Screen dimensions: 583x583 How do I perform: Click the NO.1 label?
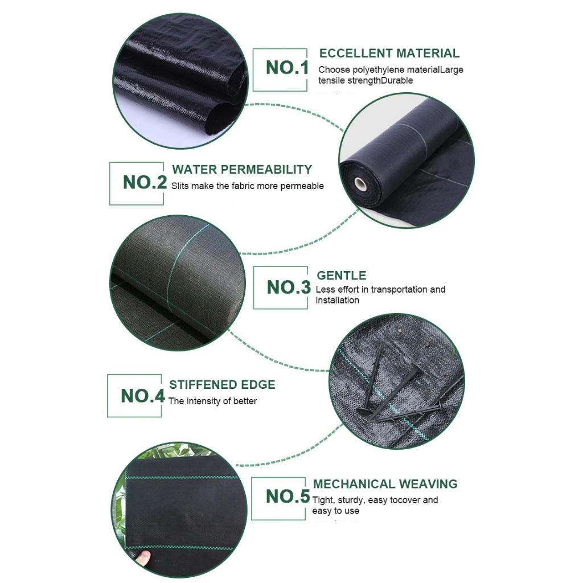tap(287, 68)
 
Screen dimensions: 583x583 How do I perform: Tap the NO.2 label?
tap(145, 182)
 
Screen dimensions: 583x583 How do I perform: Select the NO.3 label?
tap(289, 288)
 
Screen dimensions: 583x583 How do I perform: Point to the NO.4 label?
tap(143, 396)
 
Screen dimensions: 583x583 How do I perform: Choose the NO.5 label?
tap(288, 496)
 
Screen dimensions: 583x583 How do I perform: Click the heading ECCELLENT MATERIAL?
tap(389, 53)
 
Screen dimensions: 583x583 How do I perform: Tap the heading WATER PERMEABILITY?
tap(242, 170)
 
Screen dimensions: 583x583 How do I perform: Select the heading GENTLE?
tap(342, 276)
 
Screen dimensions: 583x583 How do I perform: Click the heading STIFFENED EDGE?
tap(223, 384)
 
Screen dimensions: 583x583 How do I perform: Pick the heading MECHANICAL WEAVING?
tap(385, 484)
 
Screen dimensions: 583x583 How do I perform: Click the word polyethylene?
tap(377, 70)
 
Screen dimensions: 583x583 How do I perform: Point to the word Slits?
tap(180, 186)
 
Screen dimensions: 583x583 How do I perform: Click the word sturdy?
tap(351, 500)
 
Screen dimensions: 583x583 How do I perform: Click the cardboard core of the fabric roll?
tap(360, 183)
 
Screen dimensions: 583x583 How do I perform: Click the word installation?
tap(337, 301)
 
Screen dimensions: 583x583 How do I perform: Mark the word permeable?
tap(302, 186)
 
